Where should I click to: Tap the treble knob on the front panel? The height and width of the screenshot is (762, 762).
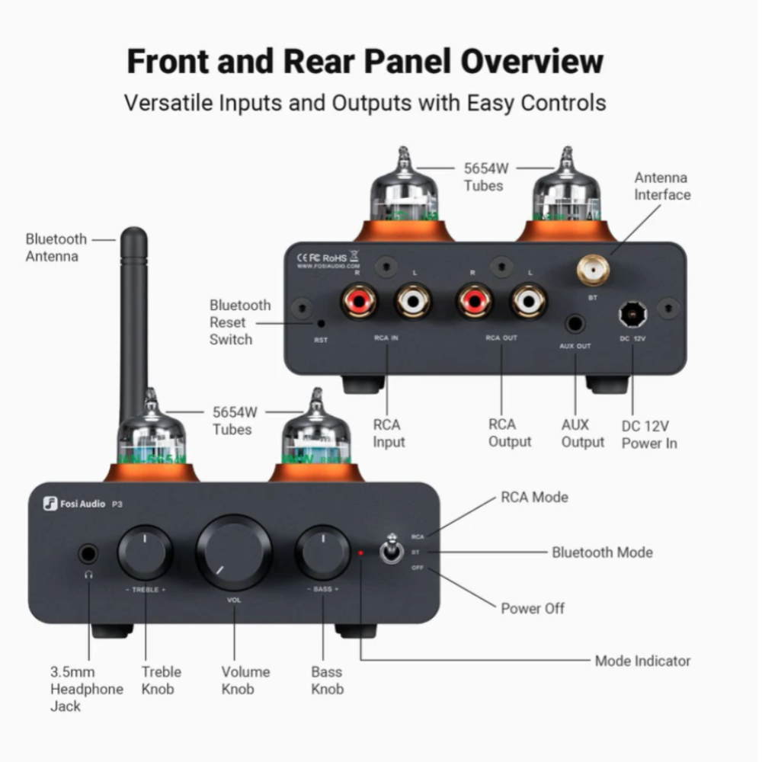(145, 553)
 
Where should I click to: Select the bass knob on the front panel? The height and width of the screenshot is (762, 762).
(322, 553)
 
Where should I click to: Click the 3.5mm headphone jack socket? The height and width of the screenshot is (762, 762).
(88, 554)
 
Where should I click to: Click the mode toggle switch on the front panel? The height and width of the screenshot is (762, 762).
(392, 551)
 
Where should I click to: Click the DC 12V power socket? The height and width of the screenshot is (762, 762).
(632, 313)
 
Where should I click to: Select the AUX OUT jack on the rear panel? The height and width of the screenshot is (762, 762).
(575, 324)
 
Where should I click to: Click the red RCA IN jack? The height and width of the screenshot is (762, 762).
(359, 300)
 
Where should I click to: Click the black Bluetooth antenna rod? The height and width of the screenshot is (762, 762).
(134, 320)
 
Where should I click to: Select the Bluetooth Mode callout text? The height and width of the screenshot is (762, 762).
(602, 552)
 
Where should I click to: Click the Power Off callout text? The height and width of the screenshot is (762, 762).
(533, 608)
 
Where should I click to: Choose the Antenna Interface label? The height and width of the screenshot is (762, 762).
(662, 186)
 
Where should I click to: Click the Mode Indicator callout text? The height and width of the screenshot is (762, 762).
(642, 661)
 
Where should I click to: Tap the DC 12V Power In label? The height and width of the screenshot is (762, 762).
(648, 434)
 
